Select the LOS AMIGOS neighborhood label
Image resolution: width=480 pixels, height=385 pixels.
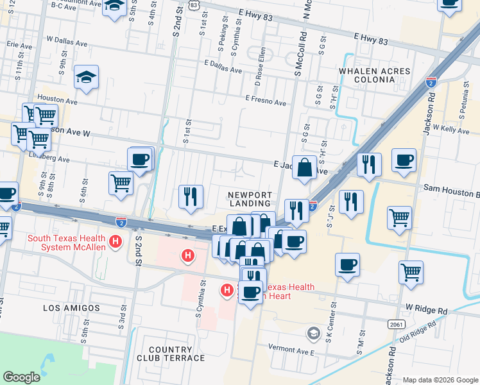pos(71,308)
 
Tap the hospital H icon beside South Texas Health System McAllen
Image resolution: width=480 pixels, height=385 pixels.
pos(116,242)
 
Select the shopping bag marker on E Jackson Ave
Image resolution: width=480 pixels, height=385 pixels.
pos(305,169)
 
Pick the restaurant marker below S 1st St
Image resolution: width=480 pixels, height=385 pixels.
pos(191,197)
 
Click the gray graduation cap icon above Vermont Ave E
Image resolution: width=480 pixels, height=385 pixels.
pos(313,332)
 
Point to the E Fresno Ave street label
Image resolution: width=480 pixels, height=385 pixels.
pos(265,101)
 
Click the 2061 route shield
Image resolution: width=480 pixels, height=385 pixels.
pos(396,324)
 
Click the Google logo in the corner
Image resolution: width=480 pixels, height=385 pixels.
pos(21,377)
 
